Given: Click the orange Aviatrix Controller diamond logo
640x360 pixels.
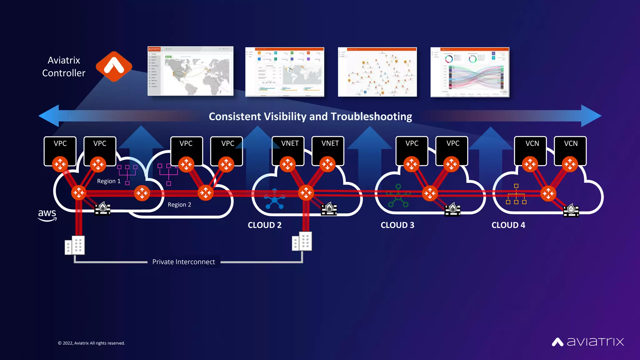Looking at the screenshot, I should pyautogui.click(x=114, y=67).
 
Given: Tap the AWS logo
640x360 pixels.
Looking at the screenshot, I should pyautogui.click(x=47, y=215).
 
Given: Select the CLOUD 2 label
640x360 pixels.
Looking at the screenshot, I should pyautogui.click(x=264, y=225).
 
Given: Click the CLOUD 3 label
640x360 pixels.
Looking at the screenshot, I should pyautogui.click(x=397, y=225).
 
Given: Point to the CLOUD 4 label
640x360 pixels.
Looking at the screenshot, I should pyautogui.click(x=508, y=225).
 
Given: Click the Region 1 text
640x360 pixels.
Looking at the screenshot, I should pyautogui.click(x=108, y=181).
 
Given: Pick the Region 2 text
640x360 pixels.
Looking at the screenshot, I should pyautogui.click(x=179, y=205).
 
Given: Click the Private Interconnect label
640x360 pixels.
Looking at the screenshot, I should pyautogui.click(x=183, y=262).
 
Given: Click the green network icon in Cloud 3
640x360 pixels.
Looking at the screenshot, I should pyautogui.click(x=398, y=196).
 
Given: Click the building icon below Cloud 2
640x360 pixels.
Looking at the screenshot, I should pyautogui.click(x=302, y=241).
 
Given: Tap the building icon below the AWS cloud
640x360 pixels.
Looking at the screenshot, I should pyautogui.click(x=75, y=245).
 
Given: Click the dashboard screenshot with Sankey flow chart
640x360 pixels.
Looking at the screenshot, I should pyautogui.click(x=470, y=72).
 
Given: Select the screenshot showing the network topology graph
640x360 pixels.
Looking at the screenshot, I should pyautogui.click(x=377, y=72).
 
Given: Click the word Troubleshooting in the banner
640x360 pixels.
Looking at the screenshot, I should pyautogui.click(x=371, y=117).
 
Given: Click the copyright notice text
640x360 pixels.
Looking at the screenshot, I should pyautogui.click(x=91, y=343).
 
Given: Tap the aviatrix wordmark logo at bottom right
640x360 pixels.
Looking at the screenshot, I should pyautogui.click(x=588, y=342).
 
